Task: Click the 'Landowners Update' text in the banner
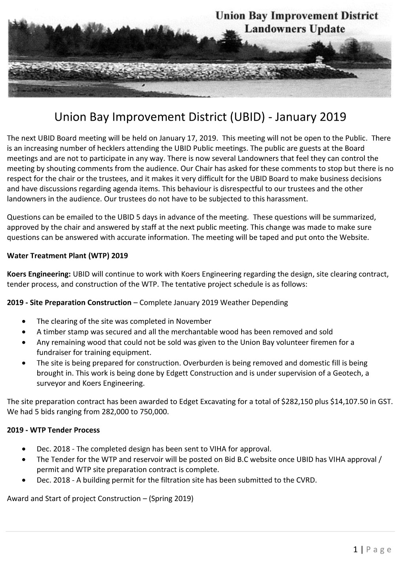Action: coord(294,29)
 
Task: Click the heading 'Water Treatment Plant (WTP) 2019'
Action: coord(67,256)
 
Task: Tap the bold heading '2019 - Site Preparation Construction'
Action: coord(69,302)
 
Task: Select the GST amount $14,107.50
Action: coord(349,402)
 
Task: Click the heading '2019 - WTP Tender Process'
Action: coord(54,430)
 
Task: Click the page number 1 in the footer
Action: coord(356,550)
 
